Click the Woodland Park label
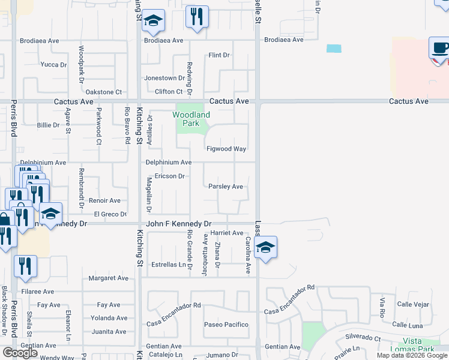tap(191, 118)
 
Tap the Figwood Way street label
tap(226, 149)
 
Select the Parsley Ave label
tap(226, 187)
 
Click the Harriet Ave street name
tap(226, 233)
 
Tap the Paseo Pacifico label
tap(226, 325)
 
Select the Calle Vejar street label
tap(413, 304)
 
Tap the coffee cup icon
tap(440, 49)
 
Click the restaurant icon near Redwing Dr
tap(197, 17)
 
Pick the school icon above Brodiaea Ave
tap(154, 21)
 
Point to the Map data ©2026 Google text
tap(412, 355)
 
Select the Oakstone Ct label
tap(104, 92)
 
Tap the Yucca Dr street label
tap(53, 64)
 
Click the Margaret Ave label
tap(109, 278)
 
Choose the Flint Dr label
tap(219, 55)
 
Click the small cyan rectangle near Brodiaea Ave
tap(333, 49)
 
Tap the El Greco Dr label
tap(110, 214)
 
